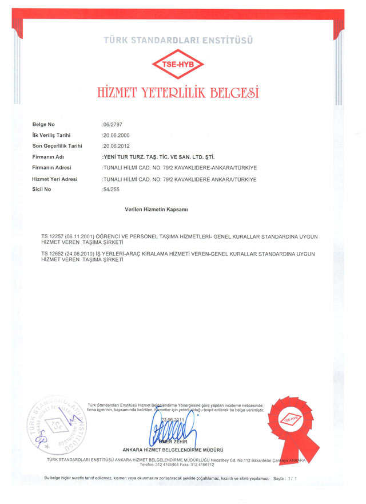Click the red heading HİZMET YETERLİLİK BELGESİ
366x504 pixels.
tap(178, 92)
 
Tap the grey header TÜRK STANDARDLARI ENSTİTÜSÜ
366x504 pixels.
tap(178, 41)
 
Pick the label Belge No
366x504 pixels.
tap(43, 124)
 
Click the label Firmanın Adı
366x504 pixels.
tap(50, 156)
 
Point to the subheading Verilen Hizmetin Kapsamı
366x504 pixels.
tap(156, 210)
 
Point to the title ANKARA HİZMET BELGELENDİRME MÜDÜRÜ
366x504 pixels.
tap(172, 450)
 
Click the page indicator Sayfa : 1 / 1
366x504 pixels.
tap(285, 478)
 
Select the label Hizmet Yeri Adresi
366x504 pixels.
tap(55, 179)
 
